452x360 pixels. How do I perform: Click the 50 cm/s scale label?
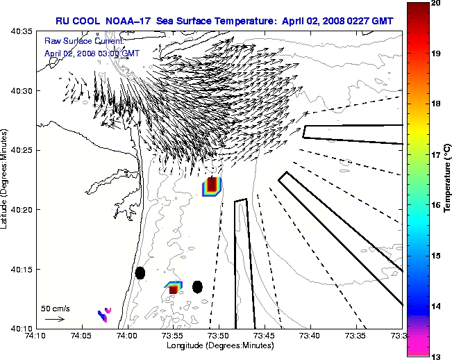coord(55,308)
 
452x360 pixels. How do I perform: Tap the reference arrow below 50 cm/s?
coord(55,319)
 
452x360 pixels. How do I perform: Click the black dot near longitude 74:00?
coord(140,272)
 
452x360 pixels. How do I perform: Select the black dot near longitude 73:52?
coord(197,286)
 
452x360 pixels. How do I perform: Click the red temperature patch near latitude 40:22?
coord(213,186)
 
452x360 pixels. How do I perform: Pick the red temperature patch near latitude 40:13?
coord(174,288)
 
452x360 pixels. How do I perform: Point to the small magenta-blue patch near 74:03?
coord(104,314)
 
